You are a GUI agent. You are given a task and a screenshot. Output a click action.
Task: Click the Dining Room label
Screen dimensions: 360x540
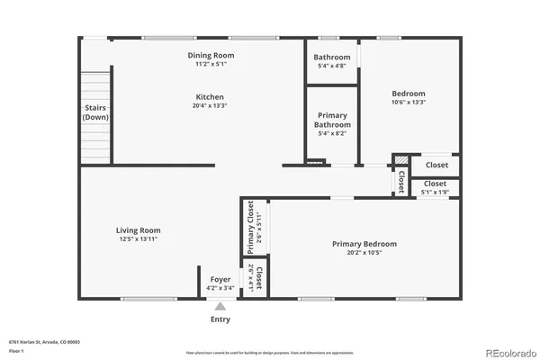pyautogui.click(x=211, y=55)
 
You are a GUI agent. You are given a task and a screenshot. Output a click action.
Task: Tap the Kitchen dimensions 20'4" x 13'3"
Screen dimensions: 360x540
pyautogui.click(x=211, y=105)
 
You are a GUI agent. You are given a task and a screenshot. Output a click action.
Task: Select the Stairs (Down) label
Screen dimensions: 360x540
pyautogui.click(x=95, y=112)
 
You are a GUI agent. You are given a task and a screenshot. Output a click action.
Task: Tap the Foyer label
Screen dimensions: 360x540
pyautogui.click(x=220, y=280)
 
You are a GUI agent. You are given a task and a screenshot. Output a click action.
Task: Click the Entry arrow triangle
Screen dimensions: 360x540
pyautogui.click(x=220, y=307)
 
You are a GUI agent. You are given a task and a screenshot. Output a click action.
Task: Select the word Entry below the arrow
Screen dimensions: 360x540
pyautogui.click(x=220, y=319)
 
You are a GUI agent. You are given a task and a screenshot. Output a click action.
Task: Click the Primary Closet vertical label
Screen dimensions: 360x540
pyautogui.click(x=251, y=226)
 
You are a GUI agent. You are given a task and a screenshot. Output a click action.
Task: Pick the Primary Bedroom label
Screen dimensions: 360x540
pyautogui.click(x=364, y=244)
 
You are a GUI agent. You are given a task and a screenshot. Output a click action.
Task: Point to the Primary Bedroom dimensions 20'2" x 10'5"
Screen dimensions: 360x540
pyautogui.click(x=364, y=253)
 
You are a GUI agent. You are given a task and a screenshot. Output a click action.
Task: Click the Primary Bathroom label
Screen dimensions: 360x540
pyautogui.click(x=332, y=120)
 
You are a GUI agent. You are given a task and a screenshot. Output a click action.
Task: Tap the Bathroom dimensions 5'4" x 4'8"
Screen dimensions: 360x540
pyautogui.click(x=332, y=67)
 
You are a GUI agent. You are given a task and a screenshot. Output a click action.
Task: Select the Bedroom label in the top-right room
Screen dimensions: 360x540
pyautogui.click(x=408, y=94)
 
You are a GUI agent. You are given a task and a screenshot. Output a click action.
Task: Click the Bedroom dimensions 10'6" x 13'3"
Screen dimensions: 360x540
pyautogui.click(x=408, y=103)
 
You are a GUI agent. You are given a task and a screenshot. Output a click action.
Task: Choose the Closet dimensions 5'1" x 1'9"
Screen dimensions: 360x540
pyautogui.click(x=435, y=193)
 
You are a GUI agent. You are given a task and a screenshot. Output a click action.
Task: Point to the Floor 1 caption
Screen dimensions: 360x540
pyautogui.click(x=16, y=350)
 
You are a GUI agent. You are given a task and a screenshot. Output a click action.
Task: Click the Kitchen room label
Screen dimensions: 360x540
pyautogui.click(x=211, y=96)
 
